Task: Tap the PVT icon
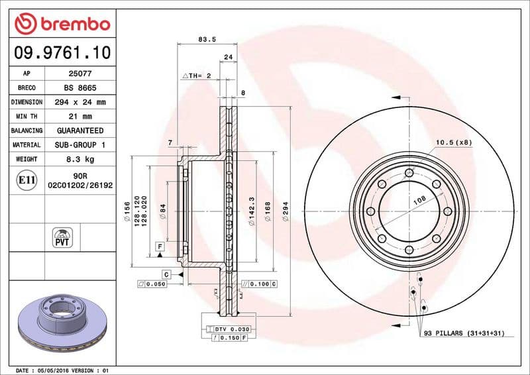coord(62,237)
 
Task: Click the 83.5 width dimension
coord(207,39)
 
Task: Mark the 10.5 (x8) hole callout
coord(453,142)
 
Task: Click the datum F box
coord(160,246)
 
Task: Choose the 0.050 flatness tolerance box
coord(150,284)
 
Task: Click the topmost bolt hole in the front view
coord(409,173)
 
